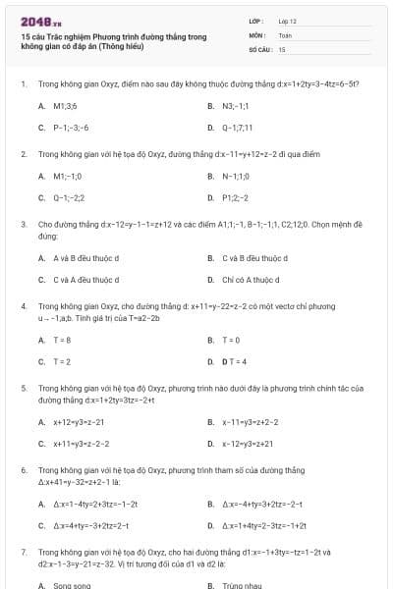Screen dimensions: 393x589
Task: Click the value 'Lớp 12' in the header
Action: (287, 20)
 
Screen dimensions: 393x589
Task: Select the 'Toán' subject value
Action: (285, 33)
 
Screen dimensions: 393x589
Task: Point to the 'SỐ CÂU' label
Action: (259, 48)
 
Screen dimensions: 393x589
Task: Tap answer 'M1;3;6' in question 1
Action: (65, 105)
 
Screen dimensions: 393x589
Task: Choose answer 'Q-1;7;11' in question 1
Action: (237, 128)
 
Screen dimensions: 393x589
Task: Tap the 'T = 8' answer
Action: (62, 340)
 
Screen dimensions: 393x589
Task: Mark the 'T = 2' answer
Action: (62, 361)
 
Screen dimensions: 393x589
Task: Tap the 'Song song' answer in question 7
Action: (72, 585)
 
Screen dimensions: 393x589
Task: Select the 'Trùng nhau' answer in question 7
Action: (242, 585)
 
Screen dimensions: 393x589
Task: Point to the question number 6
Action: (23, 470)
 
